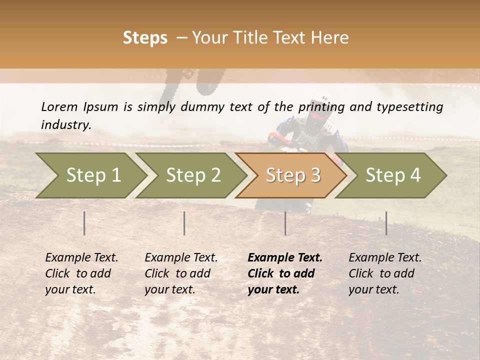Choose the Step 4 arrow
pos(392,175)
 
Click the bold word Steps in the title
pos(145,38)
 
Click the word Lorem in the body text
pos(59,106)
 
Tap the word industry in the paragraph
pos(65,125)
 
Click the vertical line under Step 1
pos(84,223)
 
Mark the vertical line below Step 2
pos(184,223)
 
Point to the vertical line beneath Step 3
pos(285,223)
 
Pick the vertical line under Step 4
pos(386,223)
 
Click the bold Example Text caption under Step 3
pos(285,273)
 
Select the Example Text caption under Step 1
pos(81,273)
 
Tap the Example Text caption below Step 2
pos(181,273)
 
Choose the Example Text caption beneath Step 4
pos(385,273)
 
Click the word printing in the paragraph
pos(320,106)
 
